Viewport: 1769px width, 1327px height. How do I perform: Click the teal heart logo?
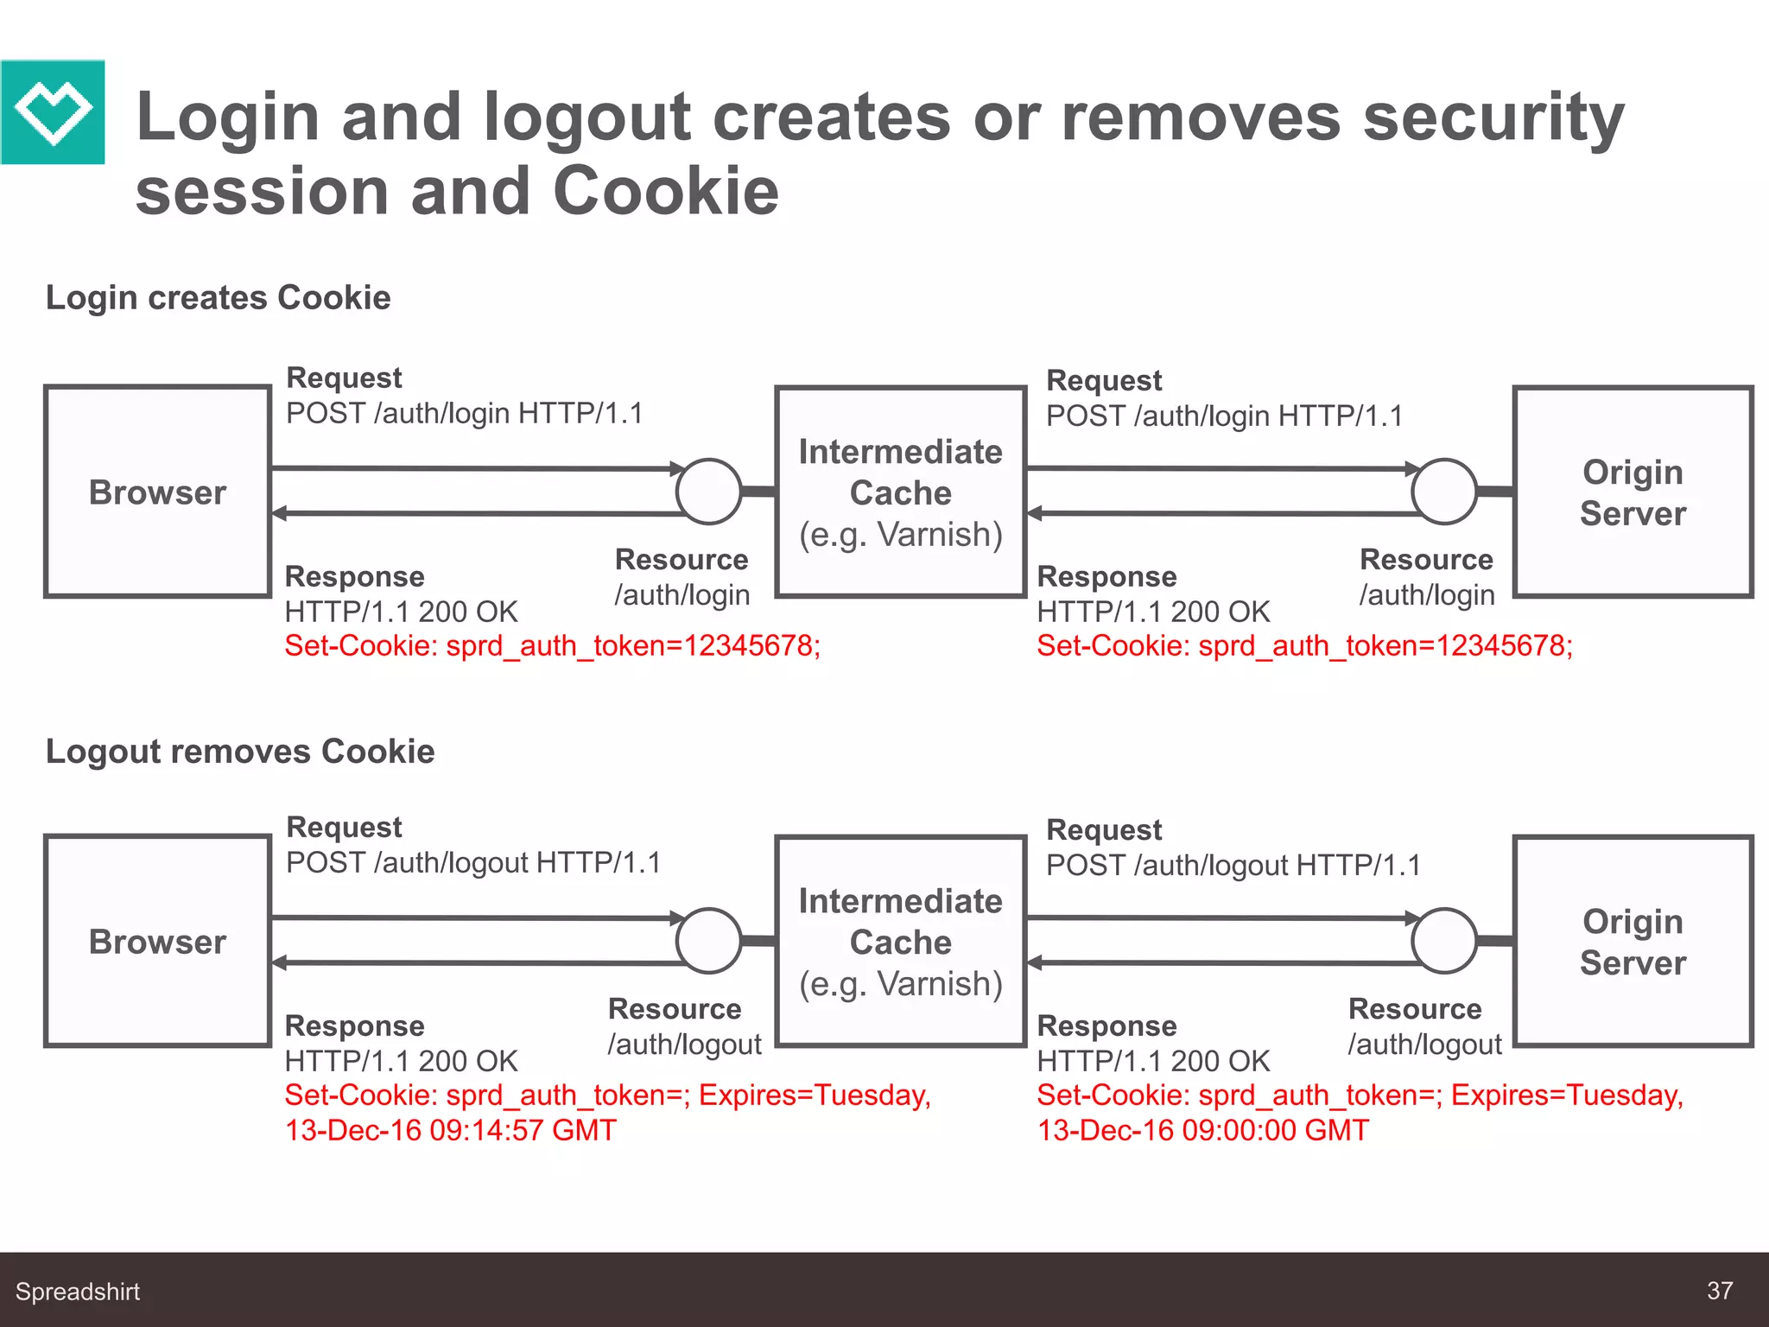click(53, 112)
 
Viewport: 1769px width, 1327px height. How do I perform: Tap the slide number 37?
click(1719, 1291)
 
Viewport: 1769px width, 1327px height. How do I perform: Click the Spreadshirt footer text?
click(78, 1292)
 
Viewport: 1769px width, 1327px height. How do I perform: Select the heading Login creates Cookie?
click(218, 297)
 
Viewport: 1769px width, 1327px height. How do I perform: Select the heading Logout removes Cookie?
click(240, 752)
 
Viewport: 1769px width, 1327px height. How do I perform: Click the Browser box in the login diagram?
click(158, 492)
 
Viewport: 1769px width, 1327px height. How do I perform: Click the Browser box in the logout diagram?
click(158, 941)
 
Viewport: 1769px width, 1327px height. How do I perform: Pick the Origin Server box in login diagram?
click(1633, 492)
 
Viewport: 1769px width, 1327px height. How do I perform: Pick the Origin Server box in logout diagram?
click(1633, 941)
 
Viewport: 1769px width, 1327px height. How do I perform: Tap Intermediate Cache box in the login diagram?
click(900, 492)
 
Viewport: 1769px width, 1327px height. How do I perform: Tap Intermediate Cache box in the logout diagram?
click(900, 941)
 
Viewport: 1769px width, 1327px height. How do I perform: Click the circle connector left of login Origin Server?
click(1443, 492)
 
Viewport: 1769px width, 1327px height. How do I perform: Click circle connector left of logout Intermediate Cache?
click(708, 941)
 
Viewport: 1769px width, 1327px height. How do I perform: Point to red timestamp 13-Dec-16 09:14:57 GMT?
click(451, 1130)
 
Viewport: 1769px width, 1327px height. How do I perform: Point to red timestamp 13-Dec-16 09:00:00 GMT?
click(1203, 1130)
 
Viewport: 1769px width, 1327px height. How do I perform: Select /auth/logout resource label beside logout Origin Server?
click(1425, 1044)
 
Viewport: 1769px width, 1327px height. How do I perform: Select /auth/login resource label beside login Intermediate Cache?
click(682, 595)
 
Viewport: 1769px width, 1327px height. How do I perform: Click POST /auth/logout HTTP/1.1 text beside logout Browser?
click(473, 863)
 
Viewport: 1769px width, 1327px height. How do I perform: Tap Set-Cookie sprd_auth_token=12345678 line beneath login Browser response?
click(553, 645)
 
